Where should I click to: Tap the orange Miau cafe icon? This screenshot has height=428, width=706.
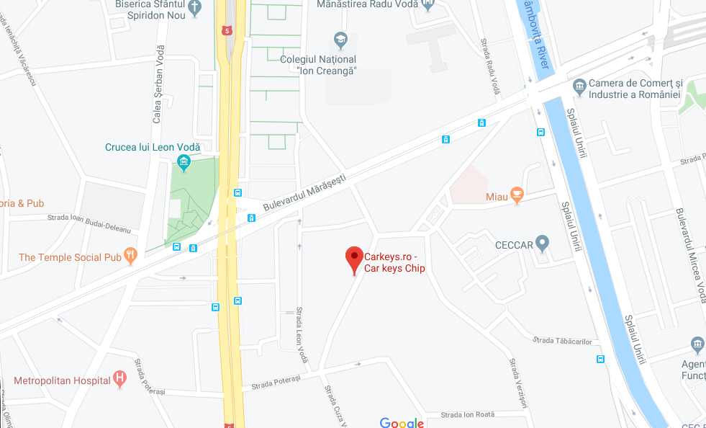click(517, 195)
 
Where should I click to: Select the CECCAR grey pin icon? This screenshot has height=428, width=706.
click(543, 244)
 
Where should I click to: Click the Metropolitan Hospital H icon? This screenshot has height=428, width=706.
click(120, 379)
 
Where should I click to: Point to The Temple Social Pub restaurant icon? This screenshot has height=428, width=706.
click(130, 254)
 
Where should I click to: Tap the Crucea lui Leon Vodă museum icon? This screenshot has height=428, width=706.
click(184, 162)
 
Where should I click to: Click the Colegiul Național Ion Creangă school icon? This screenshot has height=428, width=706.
click(340, 39)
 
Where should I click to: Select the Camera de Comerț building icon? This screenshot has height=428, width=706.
click(579, 87)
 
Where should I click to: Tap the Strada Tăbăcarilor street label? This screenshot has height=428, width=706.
click(561, 340)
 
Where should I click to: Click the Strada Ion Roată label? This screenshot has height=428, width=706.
click(467, 414)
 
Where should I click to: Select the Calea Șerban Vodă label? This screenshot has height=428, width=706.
click(160, 77)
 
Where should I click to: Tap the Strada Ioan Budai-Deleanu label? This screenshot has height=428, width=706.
click(89, 223)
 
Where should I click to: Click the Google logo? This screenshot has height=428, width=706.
click(402, 422)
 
